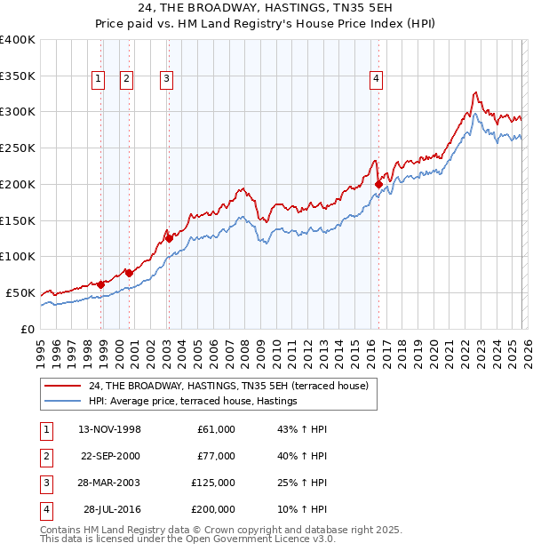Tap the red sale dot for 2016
pos(379,185)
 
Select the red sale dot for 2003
pos(169,238)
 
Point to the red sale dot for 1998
pos(101,284)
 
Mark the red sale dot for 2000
pos(129,273)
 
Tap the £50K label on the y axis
pos(21,292)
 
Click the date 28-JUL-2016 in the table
pos(112,509)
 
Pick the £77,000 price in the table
pos(216,456)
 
